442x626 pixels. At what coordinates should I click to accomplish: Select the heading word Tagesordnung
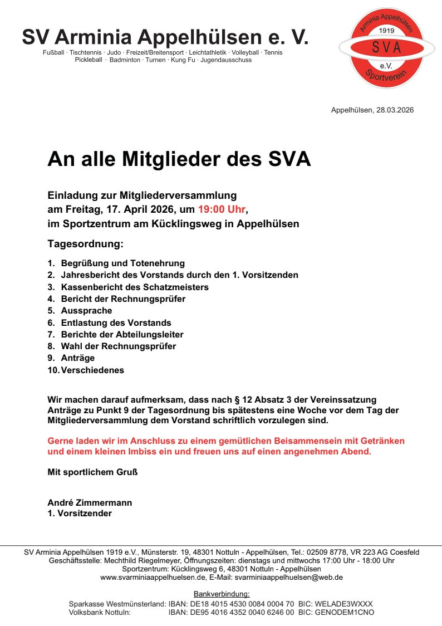(85, 244)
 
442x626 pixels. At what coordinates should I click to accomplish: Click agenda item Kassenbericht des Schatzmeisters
(135, 287)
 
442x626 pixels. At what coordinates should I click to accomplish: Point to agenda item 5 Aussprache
(86, 311)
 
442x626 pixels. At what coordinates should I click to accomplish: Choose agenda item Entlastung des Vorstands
(116, 323)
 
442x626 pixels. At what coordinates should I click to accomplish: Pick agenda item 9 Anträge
(78, 358)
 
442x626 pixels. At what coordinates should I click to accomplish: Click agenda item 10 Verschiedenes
(92, 370)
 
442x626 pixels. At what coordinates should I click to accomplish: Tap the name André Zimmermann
(90, 503)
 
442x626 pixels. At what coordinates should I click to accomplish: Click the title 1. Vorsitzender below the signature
(80, 513)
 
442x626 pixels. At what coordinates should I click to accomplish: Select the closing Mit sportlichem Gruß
(92, 472)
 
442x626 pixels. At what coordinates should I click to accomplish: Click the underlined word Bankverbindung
(222, 594)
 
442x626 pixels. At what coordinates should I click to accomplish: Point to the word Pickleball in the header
(89, 60)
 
